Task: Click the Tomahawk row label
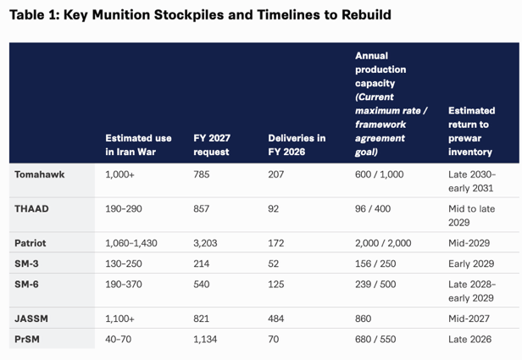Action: [x=40, y=174]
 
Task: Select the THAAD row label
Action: [x=31, y=208]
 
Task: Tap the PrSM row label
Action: [x=27, y=339]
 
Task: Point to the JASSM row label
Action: [x=31, y=318]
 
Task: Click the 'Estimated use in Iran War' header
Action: [x=138, y=145]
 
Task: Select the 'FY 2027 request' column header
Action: [x=212, y=145]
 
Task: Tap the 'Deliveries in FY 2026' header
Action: [x=297, y=145]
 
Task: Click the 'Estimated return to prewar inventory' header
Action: [x=471, y=131]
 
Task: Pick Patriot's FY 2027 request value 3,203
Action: [x=205, y=243]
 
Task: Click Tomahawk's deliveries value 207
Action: [x=276, y=174]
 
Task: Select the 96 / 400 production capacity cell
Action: [x=373, y=208]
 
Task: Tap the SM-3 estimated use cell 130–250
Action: [x=124, y=263]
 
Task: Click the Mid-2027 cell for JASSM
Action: [x=469, y=318]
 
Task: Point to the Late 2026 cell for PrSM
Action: [x=469, y=339]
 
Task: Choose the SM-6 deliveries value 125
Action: [x=276, y=284]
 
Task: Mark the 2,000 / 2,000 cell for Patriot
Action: [x=383, y=243]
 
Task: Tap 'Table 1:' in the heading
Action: [x=34, y=15]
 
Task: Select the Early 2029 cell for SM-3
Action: [x=471, y=263]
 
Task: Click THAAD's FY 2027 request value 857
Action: [x=202, y=208]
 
